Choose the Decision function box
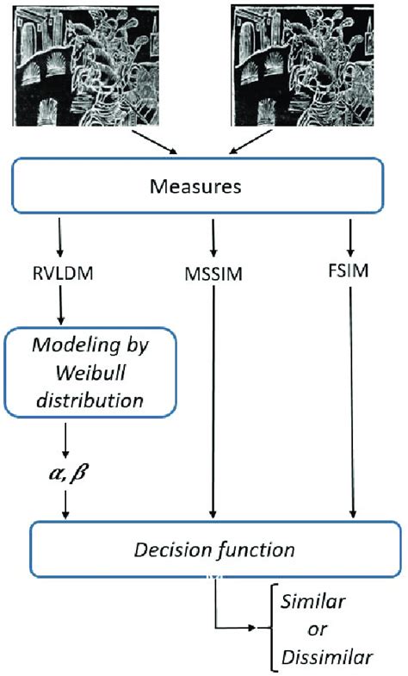212,549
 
